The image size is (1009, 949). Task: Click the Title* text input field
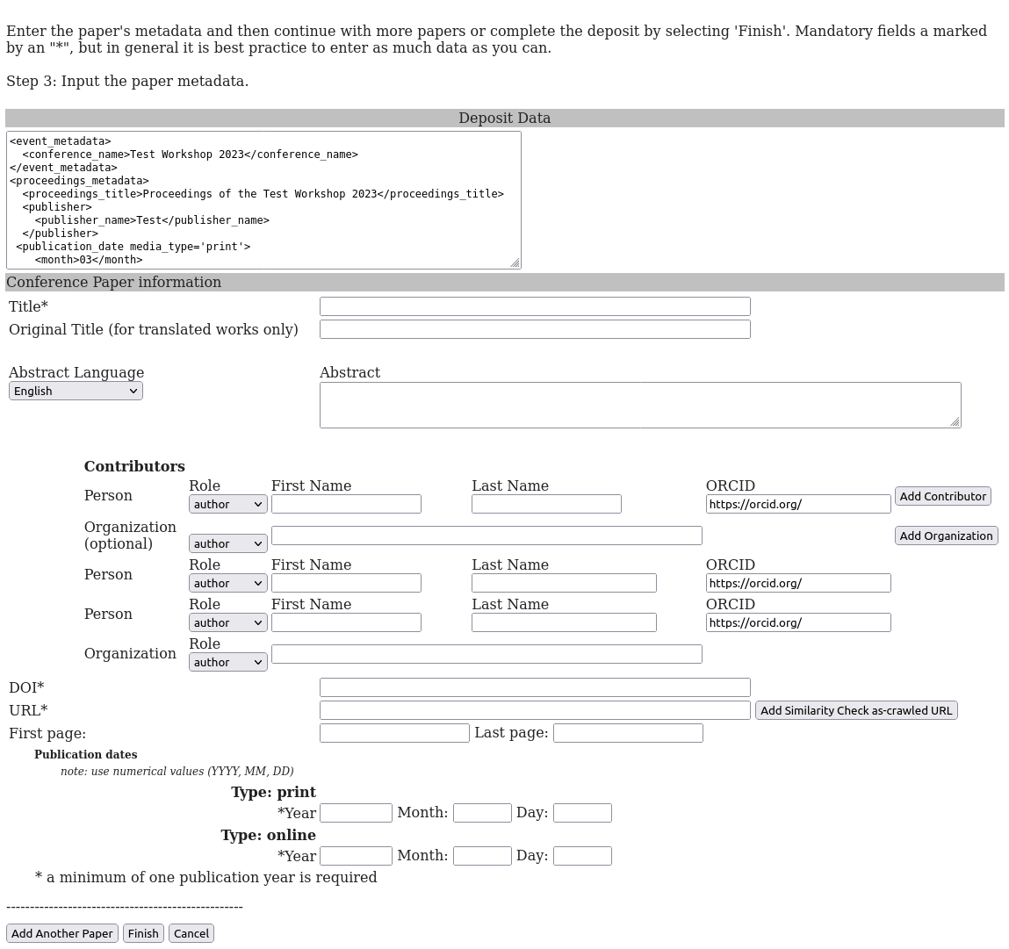(534, 306)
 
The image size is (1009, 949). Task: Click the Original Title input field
(534, 329)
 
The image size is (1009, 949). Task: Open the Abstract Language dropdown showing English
(76, 391)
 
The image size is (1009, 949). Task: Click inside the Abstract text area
(639, 405)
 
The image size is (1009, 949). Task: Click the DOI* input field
(534, 687)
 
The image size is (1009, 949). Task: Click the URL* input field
(534, 710)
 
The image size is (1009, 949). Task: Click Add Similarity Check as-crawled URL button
(855, 710)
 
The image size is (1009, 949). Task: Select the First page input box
(394, 733)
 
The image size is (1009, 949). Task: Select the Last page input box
(627, 733)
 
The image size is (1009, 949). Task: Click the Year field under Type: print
(356, 813)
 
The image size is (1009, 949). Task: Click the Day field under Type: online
(581, 856)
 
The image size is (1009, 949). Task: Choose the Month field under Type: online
(481, 856)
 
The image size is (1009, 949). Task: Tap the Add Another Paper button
(61, 933)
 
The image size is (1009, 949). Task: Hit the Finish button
(143, 933)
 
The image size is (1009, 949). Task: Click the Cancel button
(191, 933)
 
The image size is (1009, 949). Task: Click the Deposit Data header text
(504, 119)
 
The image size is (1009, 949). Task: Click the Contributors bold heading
(134, 467)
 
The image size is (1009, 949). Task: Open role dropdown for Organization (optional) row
(227, 543)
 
